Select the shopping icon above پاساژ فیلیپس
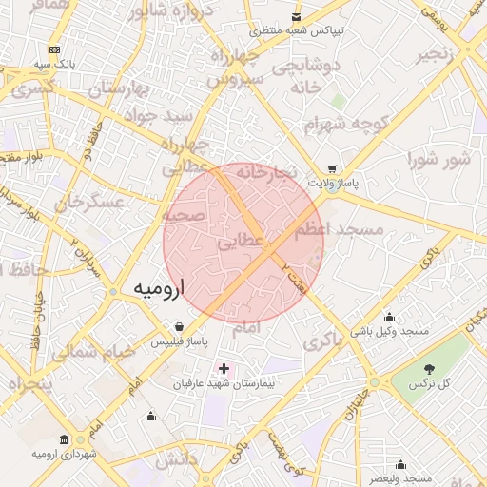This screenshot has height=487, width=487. point(180,326)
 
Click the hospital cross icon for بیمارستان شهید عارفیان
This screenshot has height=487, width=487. point(224,368)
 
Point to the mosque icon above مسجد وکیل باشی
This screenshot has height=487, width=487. point(388,317)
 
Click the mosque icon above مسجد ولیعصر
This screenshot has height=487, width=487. point(400,464)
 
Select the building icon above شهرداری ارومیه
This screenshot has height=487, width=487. point(64,439)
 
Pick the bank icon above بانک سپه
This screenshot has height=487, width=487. point(53,49)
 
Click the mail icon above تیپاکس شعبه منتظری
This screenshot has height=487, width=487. point(298,17)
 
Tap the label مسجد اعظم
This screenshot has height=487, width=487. point(339,229)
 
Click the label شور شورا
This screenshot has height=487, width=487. point(438,158)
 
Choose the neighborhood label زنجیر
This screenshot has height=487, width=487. point(440,51)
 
